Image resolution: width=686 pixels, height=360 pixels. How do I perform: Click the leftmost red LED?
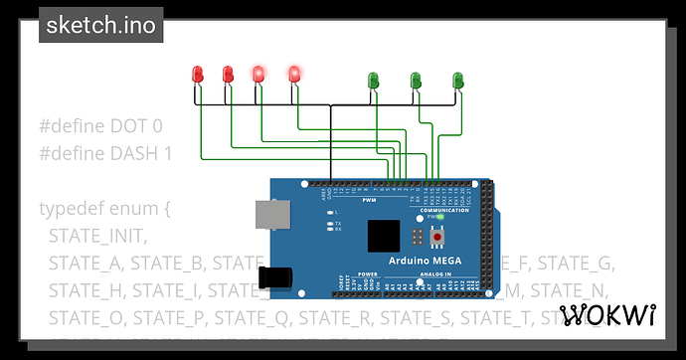pyautogui.click(x=198, y=74)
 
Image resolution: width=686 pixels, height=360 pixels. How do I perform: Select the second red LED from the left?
pyautogui.click(x=228, y=74)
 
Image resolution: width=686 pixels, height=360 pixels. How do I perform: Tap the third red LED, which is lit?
pyautogui.click(x=258, y=74)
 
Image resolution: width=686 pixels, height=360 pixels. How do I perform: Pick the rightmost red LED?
pyautogui.click(x=294, y=73)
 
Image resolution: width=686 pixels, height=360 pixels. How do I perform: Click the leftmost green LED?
pyautogui.click(x=374, y=79)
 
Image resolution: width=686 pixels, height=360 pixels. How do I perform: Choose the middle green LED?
pyautogui.click(x=416, y=79)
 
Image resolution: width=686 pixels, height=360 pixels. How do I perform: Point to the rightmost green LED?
pyautogui.click(x=458, y=79)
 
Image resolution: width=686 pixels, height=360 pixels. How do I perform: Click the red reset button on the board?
pyautogui.click(x=437, y=238)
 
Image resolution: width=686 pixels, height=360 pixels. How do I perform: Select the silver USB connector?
pyautogui.click(x=267, y=214)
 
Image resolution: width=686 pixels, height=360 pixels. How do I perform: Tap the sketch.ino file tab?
pyautogui.click(x=101, y=26)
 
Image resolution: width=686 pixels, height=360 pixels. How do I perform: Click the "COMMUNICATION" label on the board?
pyautogui.click(x=443, y=210)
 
